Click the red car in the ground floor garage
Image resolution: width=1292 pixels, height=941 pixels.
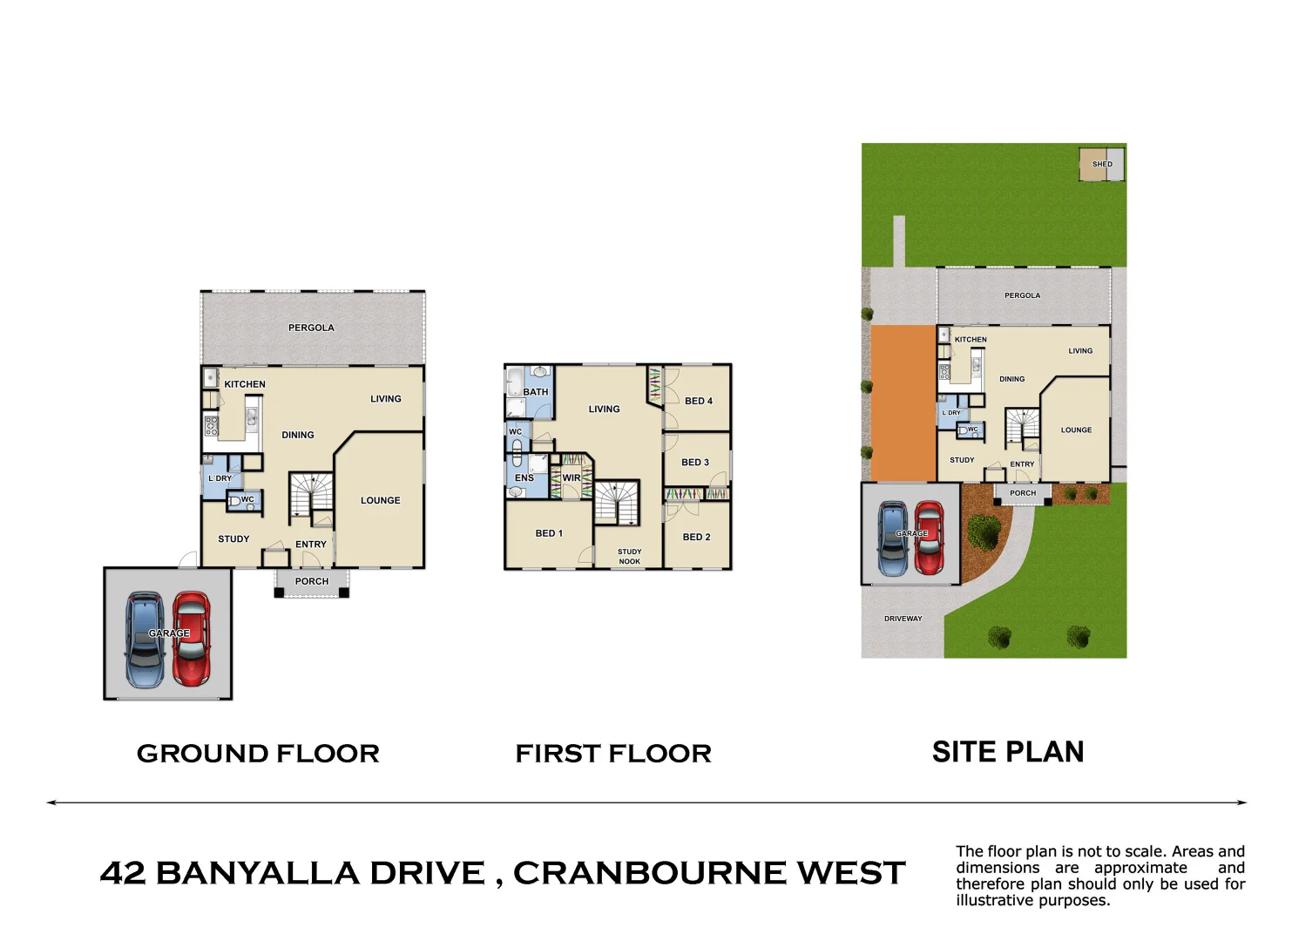pyautogui.click(x=191, y=640)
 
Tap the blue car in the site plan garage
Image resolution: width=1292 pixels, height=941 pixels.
pyautogui.click(x=892, y=538)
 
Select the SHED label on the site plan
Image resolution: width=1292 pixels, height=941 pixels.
pyautogui.click(x=1102, y=164)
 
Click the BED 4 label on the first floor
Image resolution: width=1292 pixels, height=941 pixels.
pyautogui.click(x=698, y=401)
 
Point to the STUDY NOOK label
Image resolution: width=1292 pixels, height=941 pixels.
pyautogui.click(x=629, y=557)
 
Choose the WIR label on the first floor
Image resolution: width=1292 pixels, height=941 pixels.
pyautogui.click(x=572, y=477)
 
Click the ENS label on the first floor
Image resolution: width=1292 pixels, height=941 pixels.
pyautogui.click(x=524, y=477)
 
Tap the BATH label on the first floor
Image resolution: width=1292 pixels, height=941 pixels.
pyautogui.click(x=536, y=392)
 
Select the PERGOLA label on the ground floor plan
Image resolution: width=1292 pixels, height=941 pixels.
pyautogui.click(x=311, y=328)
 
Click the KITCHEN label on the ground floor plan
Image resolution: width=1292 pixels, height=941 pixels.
pyautogui.click(x=245, y=384)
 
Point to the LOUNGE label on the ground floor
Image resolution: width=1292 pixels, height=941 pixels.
pyautogui.click(x=381, y=500)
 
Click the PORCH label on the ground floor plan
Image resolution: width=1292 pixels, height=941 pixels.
pyautogui.click(x=312, y=581)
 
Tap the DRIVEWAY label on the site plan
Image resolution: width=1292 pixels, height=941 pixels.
pyautogui.click(x=903, y=619)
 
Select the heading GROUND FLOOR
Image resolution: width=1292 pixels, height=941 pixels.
pyautogui.click(x=258, y=754)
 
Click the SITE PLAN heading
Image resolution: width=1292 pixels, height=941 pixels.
pyautogui.click(x=1008, y=752)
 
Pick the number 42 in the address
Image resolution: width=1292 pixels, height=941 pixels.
pyautogui.click(x=122, y=873)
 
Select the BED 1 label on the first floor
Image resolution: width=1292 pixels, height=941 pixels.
pyautogui.click(x=549, y=533)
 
